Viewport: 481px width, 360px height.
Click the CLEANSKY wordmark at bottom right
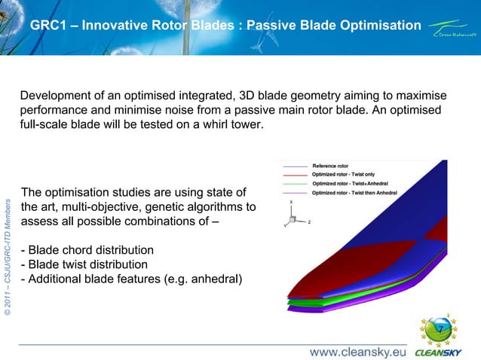pyautogui.click(x=440, y=351)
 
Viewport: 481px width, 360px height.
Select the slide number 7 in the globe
pyautogui.click(x=440, y=328)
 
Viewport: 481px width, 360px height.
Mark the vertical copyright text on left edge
pyautogui.click(x=8, y=256)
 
